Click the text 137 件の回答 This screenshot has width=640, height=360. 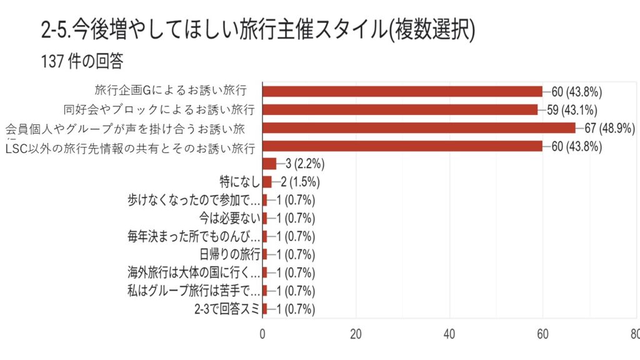(82, 62)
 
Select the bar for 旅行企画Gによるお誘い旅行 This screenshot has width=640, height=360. (402, 91)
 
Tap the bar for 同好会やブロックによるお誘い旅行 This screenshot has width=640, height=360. (399, 109)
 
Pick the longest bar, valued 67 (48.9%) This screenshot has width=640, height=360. (418, 127)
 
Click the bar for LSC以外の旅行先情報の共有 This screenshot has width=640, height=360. (402, 146)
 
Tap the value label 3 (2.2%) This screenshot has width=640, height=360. (303, 164)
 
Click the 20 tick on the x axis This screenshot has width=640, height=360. (356, 334)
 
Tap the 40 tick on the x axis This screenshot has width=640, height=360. (449, 334)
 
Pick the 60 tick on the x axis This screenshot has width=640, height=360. (542, 334)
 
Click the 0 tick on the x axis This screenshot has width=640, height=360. (262, 334)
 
